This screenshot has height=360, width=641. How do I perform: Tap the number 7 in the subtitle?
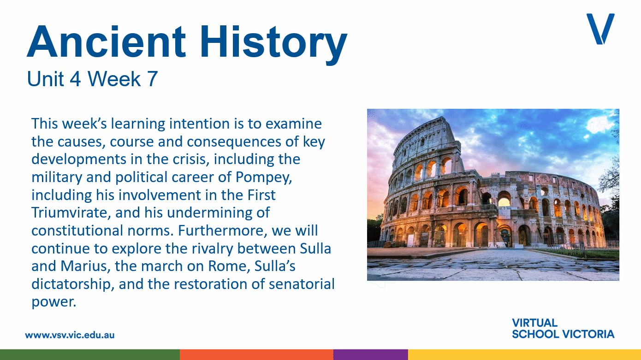click(x=152, y=79)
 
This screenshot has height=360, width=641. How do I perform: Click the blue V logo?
click(x=600, y=29)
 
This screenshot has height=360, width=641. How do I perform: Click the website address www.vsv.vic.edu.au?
click(x=70, y=335)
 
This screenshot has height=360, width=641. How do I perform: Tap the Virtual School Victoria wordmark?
click(x=563, y=328)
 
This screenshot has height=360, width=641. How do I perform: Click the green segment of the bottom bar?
click(x=89, y=354)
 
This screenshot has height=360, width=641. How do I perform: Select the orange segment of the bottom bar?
click(x=256, y=354)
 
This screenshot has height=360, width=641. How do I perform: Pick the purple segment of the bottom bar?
click(x=370, y=354)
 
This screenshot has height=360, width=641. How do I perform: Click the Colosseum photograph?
click(x=493, y=195)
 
